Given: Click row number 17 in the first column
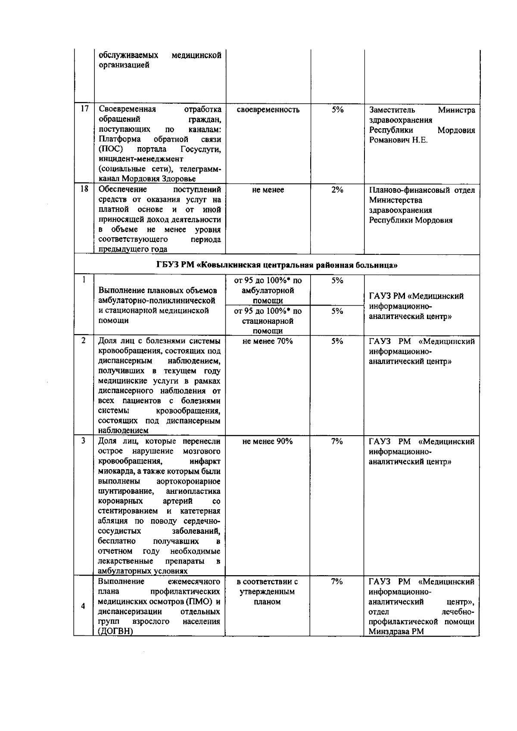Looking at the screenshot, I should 84,109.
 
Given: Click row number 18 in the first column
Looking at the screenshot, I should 84,189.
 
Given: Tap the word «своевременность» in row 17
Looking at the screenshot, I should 268,109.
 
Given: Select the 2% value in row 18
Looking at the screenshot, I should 337,189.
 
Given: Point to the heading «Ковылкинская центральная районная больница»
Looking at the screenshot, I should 276,265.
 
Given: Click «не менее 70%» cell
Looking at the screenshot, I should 268,341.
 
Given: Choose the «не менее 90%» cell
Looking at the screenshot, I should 268,441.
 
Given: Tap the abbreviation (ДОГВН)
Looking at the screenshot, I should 115,632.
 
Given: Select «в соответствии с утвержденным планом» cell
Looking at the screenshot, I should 268,592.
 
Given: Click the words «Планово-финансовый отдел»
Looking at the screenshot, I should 422,190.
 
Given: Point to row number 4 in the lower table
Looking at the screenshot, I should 83,606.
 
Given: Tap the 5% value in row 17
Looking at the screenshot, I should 337,109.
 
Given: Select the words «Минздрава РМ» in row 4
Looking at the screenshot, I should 396,632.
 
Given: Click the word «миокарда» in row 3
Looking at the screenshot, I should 113,471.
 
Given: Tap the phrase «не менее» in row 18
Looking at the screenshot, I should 268,190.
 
